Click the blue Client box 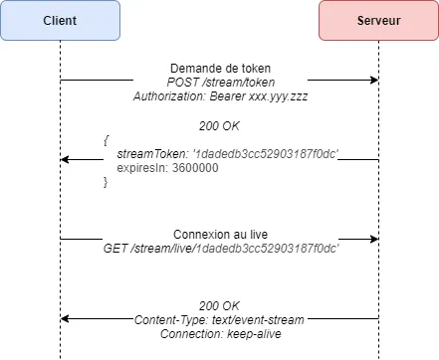pyautogui.click(x=60, y=20)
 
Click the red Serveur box pyautogui.click(x=378, y=20)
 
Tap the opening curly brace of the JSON pyautogui.click(x=107, y=140)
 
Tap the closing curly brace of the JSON pyautogui.click(x=107, y=183)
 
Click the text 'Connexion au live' pyautogui.click(x=219, y=232)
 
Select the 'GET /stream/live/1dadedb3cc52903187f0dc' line pyautogui.click(x=219, y=247)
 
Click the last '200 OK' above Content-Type pyautogui.click(x=219, y=304)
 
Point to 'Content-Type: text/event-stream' pyautogui.click(x=219, y=318)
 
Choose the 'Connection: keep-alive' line pyautogui.click(x=219, y=333)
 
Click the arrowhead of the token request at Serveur pyautogui.click(x=373, y=80)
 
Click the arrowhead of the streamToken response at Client pyautogui.click(x=66, y=159)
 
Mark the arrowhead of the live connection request pyautogui.click(x=373, y=239)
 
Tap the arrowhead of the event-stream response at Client pyautogui.click(x=66, y=318)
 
